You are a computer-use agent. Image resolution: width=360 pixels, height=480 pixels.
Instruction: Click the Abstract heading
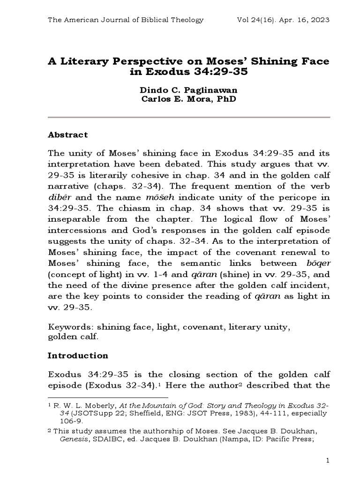pyautogui.click(x=68, y=135)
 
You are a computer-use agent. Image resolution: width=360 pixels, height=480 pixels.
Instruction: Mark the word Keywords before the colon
pyautogui.click(x=66, y=328)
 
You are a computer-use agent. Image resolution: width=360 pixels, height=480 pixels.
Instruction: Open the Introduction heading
pyautogui.click(x=78, y=355)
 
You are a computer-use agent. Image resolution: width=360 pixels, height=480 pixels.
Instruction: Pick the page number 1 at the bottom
pyautogui.click(x=329, y=461)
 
